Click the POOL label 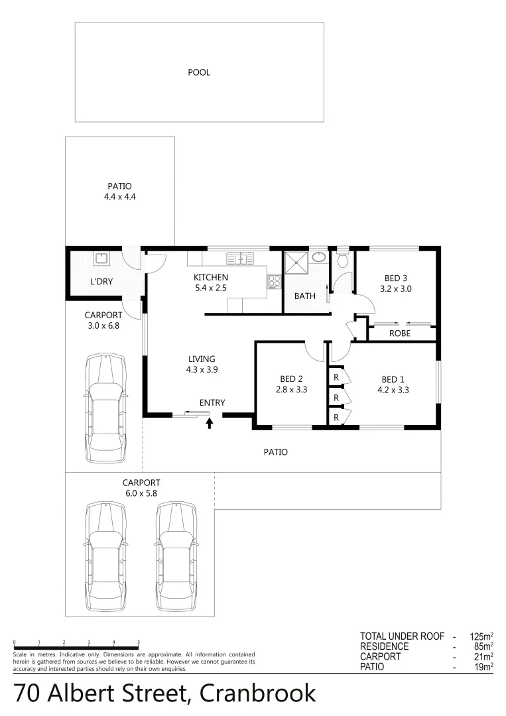click(199, 72)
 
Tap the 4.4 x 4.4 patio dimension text click(120, 197)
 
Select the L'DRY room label click(101, 282)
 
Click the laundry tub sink click(101, 257)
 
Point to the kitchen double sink click(237, 258)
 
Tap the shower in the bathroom click(296, 263)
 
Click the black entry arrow click(210, 422)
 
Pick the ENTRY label click(212, 402)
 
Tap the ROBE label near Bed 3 click(399, 333)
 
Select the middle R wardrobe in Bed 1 click(337, 397)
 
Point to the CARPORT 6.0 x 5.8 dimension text click(141, 493)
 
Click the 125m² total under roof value click(481, 636)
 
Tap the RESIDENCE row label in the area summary click(384, 646)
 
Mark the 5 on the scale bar click(139, 642)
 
